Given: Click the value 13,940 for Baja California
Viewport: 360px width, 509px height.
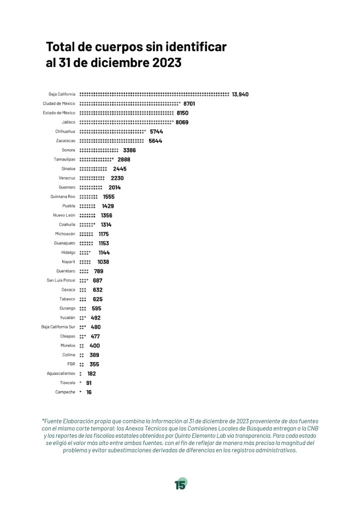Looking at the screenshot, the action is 240,94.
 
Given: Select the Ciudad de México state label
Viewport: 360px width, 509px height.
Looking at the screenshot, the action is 59,103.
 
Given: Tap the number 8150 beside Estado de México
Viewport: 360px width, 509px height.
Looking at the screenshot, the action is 182,113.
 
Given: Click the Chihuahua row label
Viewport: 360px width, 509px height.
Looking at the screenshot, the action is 65,131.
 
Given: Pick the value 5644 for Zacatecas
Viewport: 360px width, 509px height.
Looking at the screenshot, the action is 156,141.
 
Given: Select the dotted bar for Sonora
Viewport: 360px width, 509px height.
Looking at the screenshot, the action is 99,150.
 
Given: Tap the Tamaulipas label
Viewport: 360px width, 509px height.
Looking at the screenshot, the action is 64,160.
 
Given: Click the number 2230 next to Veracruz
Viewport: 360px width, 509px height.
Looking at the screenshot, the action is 117,178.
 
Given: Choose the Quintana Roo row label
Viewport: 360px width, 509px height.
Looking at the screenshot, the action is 63,197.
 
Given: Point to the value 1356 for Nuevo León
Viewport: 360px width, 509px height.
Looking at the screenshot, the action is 106,216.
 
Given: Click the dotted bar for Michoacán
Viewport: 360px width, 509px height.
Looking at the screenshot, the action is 87,234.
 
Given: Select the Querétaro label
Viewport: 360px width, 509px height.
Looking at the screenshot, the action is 66,271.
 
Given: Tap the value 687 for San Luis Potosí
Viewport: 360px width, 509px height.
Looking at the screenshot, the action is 97,281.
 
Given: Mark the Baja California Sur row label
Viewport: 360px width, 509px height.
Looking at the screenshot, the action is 58,327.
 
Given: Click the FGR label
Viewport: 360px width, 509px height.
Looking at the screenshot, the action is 71,364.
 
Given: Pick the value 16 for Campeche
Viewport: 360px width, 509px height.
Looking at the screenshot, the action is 89,393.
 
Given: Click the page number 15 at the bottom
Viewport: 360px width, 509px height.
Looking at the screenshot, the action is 180,485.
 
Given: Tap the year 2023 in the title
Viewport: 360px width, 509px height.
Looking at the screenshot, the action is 167,63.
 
